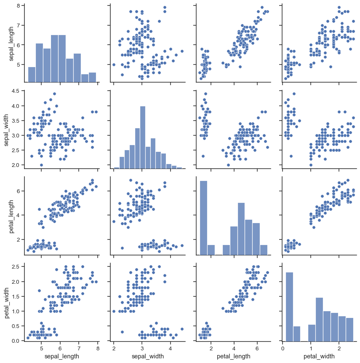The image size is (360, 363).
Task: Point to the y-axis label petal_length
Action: click(x=7, y=215)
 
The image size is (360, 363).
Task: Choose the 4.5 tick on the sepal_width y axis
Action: click(x=15, y=91)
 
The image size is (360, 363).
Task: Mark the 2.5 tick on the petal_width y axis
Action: click(x=15, y=266)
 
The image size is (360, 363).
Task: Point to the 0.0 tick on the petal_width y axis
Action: click(x=15, y=341)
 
